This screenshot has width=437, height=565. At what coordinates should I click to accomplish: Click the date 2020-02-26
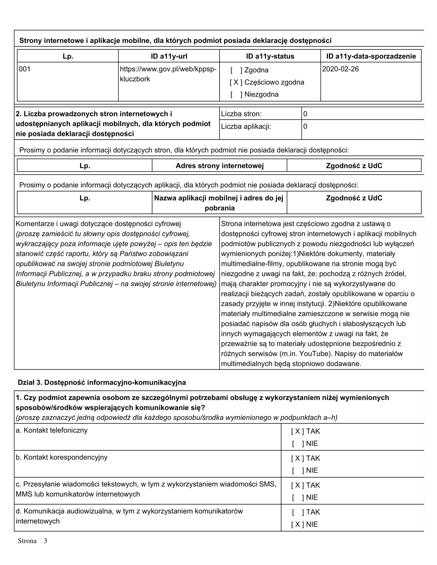pos(340,69)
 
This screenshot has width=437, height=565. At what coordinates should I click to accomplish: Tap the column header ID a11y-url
pos(169,56)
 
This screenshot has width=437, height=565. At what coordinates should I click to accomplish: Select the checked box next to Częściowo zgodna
pos(236,82)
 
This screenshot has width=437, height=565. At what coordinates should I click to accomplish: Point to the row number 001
pos(25,69)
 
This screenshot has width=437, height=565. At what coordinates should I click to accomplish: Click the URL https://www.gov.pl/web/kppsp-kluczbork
pos(168,74)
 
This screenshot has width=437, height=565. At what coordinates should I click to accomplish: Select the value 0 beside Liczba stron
pos(305,114)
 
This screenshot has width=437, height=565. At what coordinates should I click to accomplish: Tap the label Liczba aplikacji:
pos(246,126)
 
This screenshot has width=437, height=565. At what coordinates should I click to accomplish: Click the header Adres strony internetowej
pos(220,166)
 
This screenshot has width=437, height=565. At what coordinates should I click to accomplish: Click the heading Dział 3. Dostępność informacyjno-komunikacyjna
pos(102,382)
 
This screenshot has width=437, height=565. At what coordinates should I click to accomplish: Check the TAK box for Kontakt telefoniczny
pos(297,431)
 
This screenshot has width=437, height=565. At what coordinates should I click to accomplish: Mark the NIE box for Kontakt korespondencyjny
pos(298,470)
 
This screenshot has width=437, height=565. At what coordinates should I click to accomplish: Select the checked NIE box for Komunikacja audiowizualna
pos(297,524)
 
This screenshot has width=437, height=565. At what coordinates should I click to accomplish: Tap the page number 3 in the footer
pos(45,541)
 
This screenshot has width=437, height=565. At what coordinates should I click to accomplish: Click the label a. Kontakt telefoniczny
pos(51,430)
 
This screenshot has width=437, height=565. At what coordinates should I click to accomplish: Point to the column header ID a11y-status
pos(270,56)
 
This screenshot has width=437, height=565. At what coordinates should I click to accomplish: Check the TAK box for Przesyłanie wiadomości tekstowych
pos(297,485)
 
